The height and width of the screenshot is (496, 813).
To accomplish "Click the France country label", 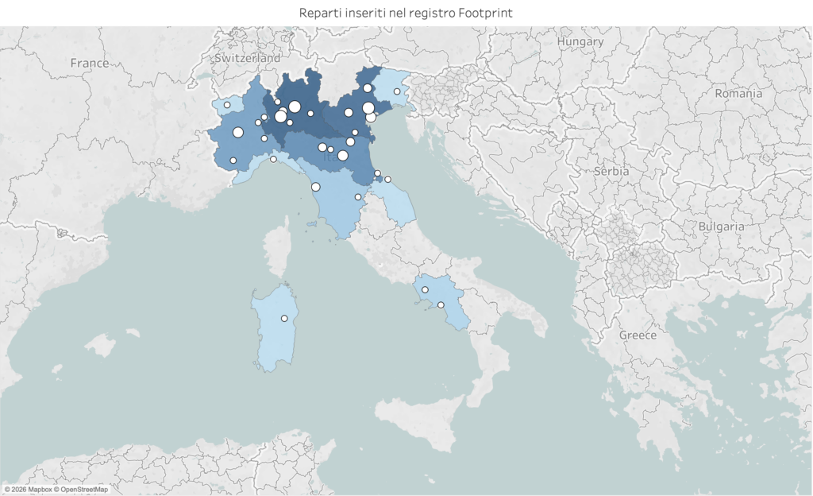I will click(89, 63).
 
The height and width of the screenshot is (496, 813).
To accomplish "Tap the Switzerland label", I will click(248, 58).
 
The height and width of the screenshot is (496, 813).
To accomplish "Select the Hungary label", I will click(580, 41).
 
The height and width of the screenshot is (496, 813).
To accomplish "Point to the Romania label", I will click(738, 93).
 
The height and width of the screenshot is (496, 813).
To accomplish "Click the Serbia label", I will click(611, 171).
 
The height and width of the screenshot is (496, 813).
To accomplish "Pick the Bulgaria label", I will click(721, 227).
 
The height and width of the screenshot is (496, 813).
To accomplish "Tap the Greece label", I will click(638, 335).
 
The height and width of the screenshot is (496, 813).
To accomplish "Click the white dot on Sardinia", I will click(284, 319).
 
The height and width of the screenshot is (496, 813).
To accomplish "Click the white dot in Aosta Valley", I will click(227, 105).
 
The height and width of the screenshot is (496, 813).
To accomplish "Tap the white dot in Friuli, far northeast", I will click(397, 91).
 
